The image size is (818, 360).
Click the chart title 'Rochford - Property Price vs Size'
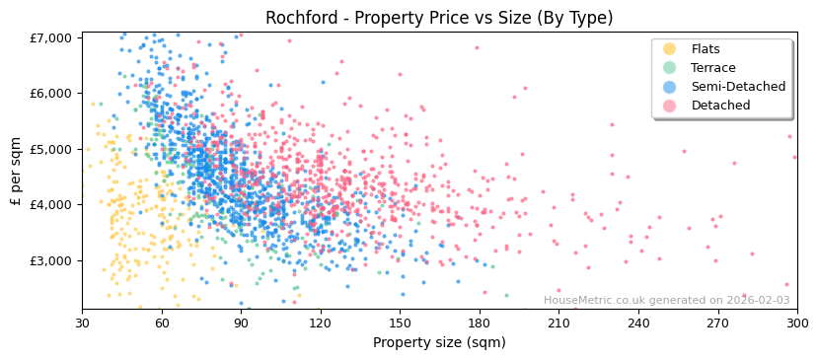pos(439,18)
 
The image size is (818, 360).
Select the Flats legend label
pos(706,49)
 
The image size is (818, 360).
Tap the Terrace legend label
pos(713,68)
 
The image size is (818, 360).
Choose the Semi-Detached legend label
pos(738,87)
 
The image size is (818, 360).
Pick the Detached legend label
pos(720,106)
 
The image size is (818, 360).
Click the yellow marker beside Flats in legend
pos(669,49)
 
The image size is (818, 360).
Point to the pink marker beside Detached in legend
pos(669,106)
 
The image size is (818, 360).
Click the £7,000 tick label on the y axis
pos(51,37)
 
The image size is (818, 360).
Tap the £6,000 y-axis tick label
pos(51,94)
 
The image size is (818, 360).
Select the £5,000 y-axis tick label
pos(51,149)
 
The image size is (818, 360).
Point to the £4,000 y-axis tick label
pos(51,205)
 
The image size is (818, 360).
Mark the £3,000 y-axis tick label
pos(51,260)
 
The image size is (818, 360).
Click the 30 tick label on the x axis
pos(82,324)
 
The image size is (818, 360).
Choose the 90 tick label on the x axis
pos(241,324)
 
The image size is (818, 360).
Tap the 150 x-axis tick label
pos(400,324)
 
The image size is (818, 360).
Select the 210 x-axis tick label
pos(558,324)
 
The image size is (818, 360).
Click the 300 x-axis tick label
pos(796,324)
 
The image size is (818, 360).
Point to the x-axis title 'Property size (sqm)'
pos(439,343)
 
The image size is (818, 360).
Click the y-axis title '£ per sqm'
pos(17,171)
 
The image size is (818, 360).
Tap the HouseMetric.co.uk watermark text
pos(666,301)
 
